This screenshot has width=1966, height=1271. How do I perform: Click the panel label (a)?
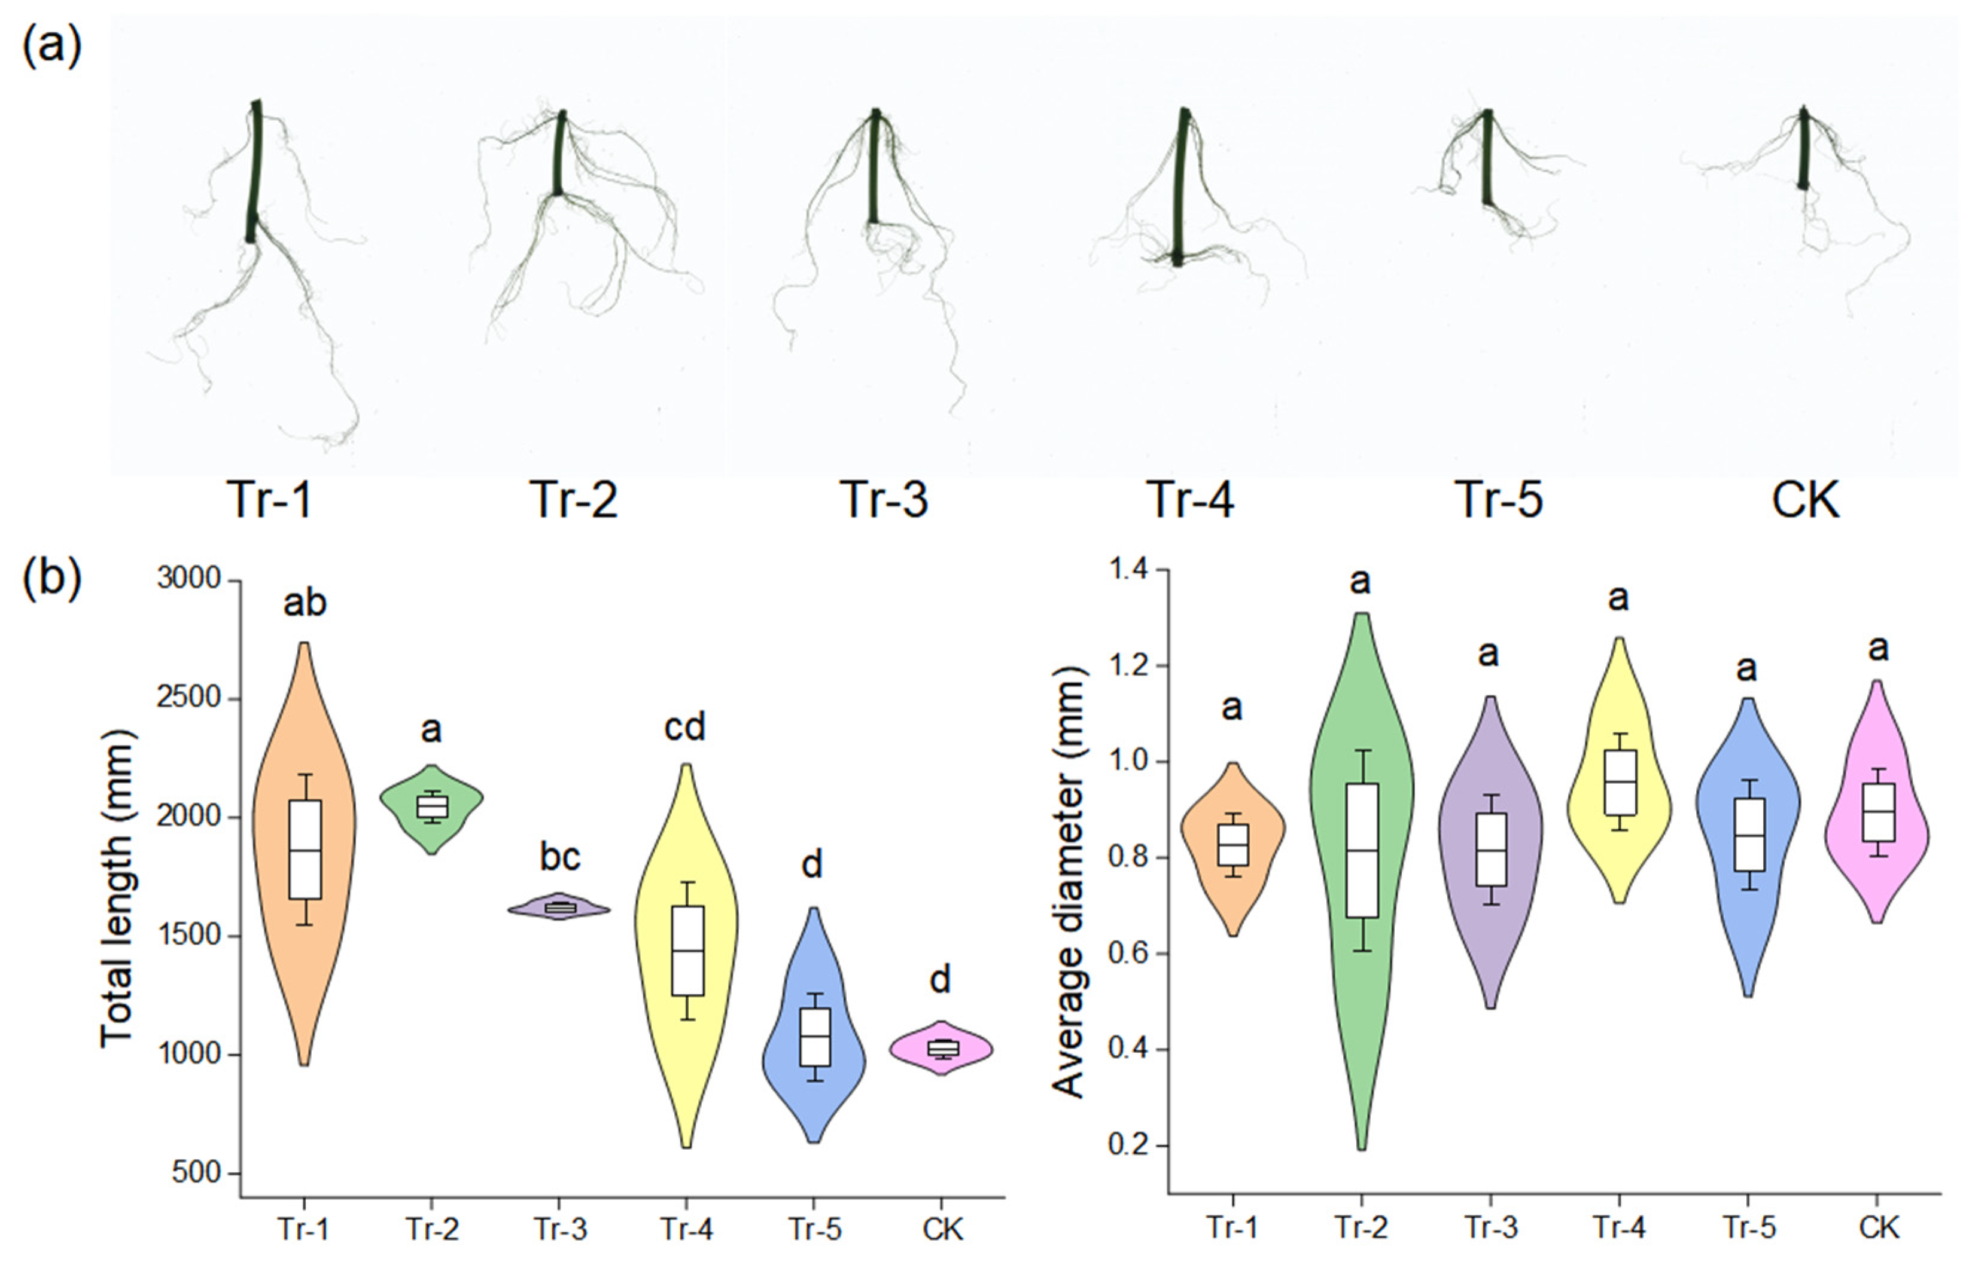coord(51,46)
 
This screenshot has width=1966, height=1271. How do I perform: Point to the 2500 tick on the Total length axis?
coord(189,698)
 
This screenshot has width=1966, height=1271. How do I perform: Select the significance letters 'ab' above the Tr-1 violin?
coord(305,603)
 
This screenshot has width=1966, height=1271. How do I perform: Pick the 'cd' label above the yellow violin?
coord(685,727)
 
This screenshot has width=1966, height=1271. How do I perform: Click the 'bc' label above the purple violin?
coord(560,857)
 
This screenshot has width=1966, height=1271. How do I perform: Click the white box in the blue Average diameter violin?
coord(1747,835)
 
